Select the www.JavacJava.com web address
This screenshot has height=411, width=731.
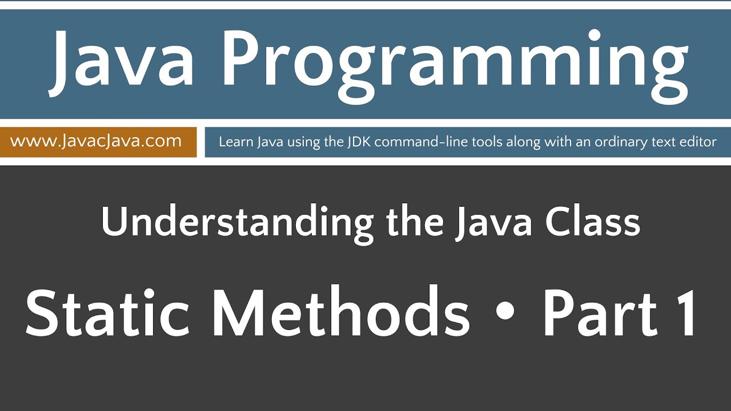(96, 141)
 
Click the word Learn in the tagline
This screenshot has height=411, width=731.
(234, 142)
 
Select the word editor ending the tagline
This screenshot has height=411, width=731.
(696, 142)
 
